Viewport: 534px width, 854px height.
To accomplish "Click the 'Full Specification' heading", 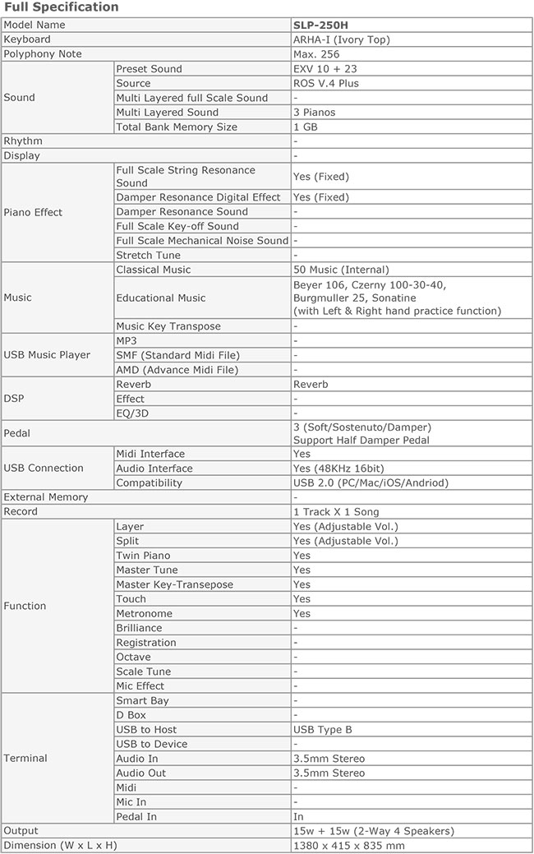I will pos(62,7).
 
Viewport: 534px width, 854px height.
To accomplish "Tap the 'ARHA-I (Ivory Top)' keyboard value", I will pos(341,39).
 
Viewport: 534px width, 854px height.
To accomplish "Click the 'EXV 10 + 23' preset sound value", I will pos(326,69).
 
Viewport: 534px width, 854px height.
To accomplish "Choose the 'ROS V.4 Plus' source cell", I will pos(326,83).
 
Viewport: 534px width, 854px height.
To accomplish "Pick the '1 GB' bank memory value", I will pos(306,127).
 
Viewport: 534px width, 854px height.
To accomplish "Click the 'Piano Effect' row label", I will pos(33,212).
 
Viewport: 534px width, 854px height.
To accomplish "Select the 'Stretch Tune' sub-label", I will pos(149,255).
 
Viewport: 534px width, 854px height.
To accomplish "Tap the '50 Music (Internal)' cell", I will pos(341,270).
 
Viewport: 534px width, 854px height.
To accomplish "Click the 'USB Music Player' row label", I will pos(47,355).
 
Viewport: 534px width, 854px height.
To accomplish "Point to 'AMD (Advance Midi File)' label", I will pos(177,370).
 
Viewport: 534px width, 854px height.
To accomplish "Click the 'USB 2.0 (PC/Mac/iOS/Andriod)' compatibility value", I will pos(371,482).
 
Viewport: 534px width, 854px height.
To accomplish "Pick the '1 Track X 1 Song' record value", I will pos(336,511).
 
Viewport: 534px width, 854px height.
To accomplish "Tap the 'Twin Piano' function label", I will pos(143,556).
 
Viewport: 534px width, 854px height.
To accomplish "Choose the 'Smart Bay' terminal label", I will pos(142,700).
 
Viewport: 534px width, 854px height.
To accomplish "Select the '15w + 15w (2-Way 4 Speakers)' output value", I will pos(373,831).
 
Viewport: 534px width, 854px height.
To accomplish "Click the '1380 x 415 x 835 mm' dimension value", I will pos(348,845).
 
